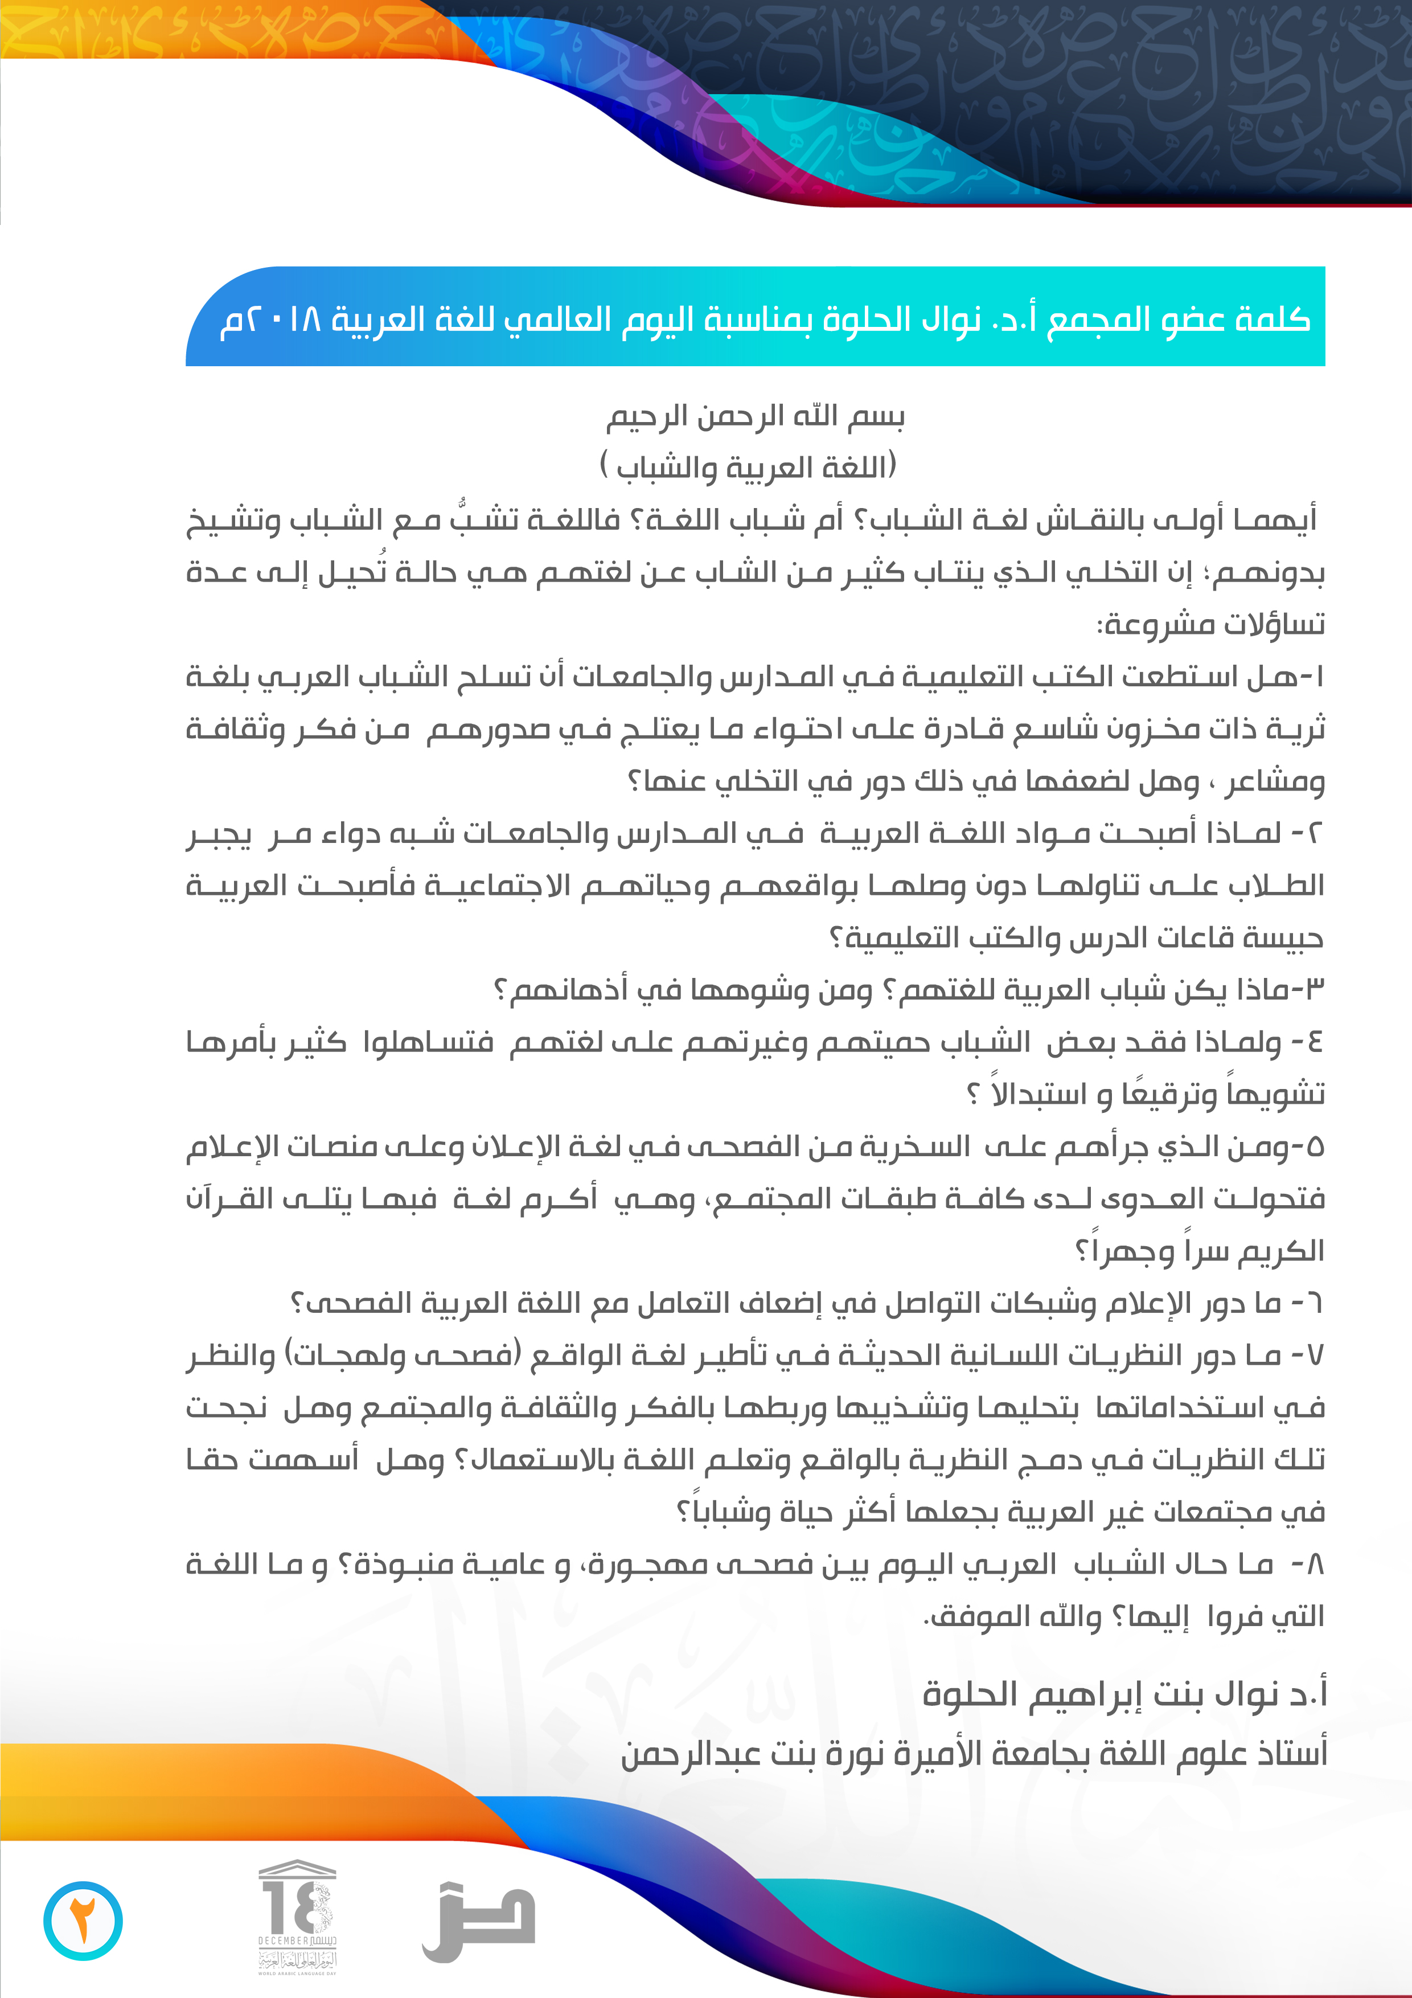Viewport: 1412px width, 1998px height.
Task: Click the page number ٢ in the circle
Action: [x=83, y=1921]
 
